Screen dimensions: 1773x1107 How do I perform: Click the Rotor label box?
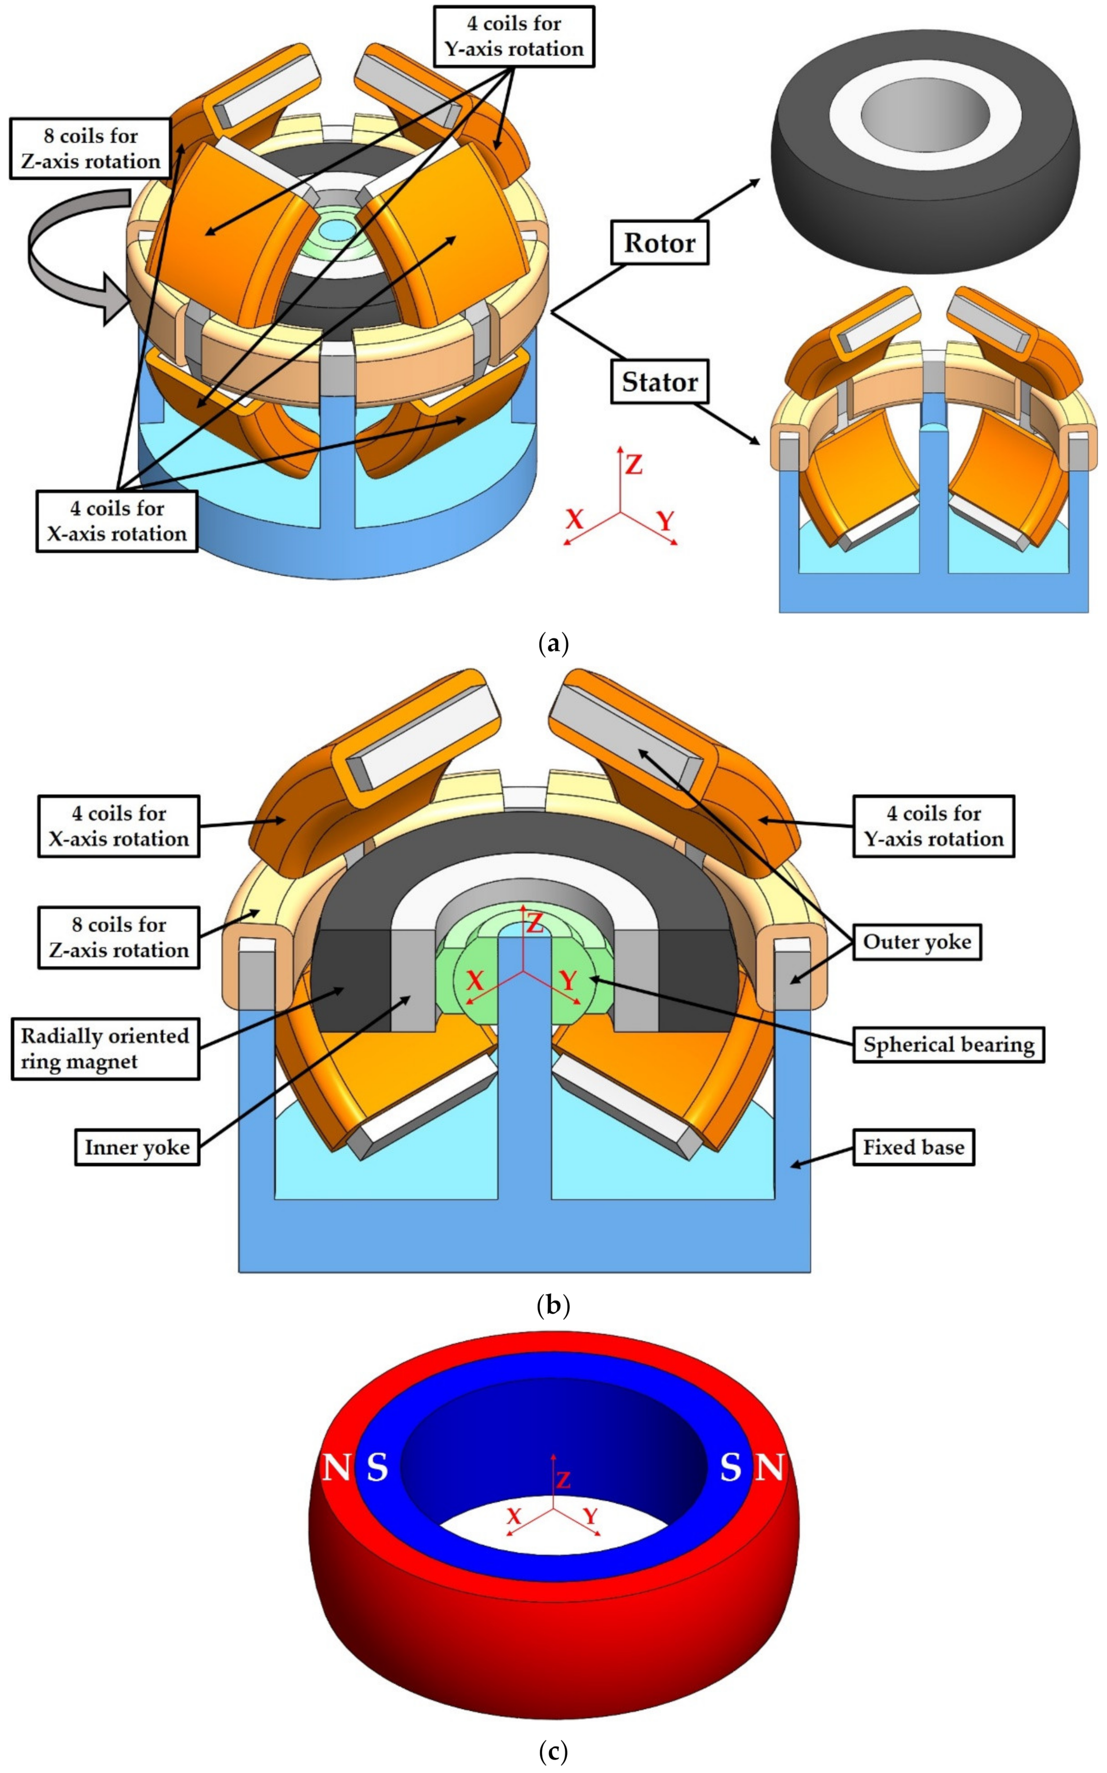pos(659,243)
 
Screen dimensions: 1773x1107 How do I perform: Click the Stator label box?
pos(659,381)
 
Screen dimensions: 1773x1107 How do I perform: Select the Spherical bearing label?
pos(948,1045)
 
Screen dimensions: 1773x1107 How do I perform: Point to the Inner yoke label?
pos(137,1147)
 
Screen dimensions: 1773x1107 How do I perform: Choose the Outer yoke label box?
pos(917,942)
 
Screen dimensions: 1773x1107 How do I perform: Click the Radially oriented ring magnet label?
pos(105,1048)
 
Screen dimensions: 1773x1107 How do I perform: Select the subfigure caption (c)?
pos(553,1752)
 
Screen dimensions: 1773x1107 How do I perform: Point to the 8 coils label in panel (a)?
pos(90,149)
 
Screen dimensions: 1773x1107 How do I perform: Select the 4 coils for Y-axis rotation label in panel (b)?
pos(934,826)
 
